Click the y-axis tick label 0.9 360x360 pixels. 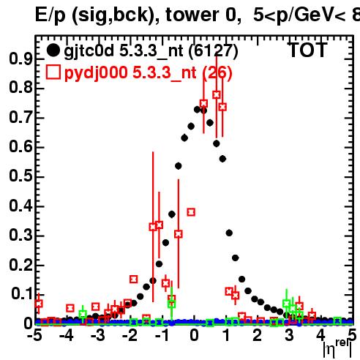[20, 59]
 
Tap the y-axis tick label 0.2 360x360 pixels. [20, 265]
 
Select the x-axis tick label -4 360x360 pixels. [67, 335]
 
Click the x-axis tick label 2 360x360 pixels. [258, 335]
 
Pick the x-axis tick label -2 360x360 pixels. [130, 335]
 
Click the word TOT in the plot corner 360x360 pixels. [307, 50]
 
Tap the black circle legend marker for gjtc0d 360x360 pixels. [53, 50]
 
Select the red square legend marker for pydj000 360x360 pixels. [53, 72]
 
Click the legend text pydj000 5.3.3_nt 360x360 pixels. [130, 72]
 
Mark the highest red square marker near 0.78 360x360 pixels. [217, 94]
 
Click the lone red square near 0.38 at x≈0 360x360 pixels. [191, 212]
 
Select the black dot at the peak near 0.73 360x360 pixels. [198, 110]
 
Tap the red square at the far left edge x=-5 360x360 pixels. [39, 304]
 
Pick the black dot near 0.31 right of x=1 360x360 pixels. [229, 233]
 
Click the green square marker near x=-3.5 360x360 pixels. [83, 314]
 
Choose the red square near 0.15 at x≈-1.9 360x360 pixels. [133, 279]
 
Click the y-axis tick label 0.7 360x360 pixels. [20, 118]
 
